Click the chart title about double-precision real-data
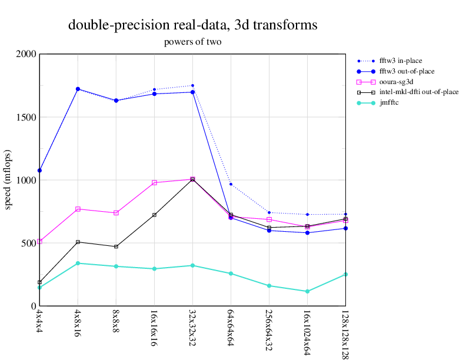[193, 25]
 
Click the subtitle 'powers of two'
[193, 42]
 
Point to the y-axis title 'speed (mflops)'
[8, 180]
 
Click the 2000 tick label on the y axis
[26, 54]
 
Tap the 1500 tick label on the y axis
[26, 117]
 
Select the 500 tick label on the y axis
[28, 243]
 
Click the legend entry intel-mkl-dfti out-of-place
[418, 92]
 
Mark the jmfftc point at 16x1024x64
[308, 291]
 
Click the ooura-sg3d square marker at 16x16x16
[154, 183]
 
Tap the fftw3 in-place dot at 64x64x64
[231, 184]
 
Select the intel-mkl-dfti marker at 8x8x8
[116, 246]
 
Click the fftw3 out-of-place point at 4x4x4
[39, 171]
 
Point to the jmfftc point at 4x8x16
[78, 263]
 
